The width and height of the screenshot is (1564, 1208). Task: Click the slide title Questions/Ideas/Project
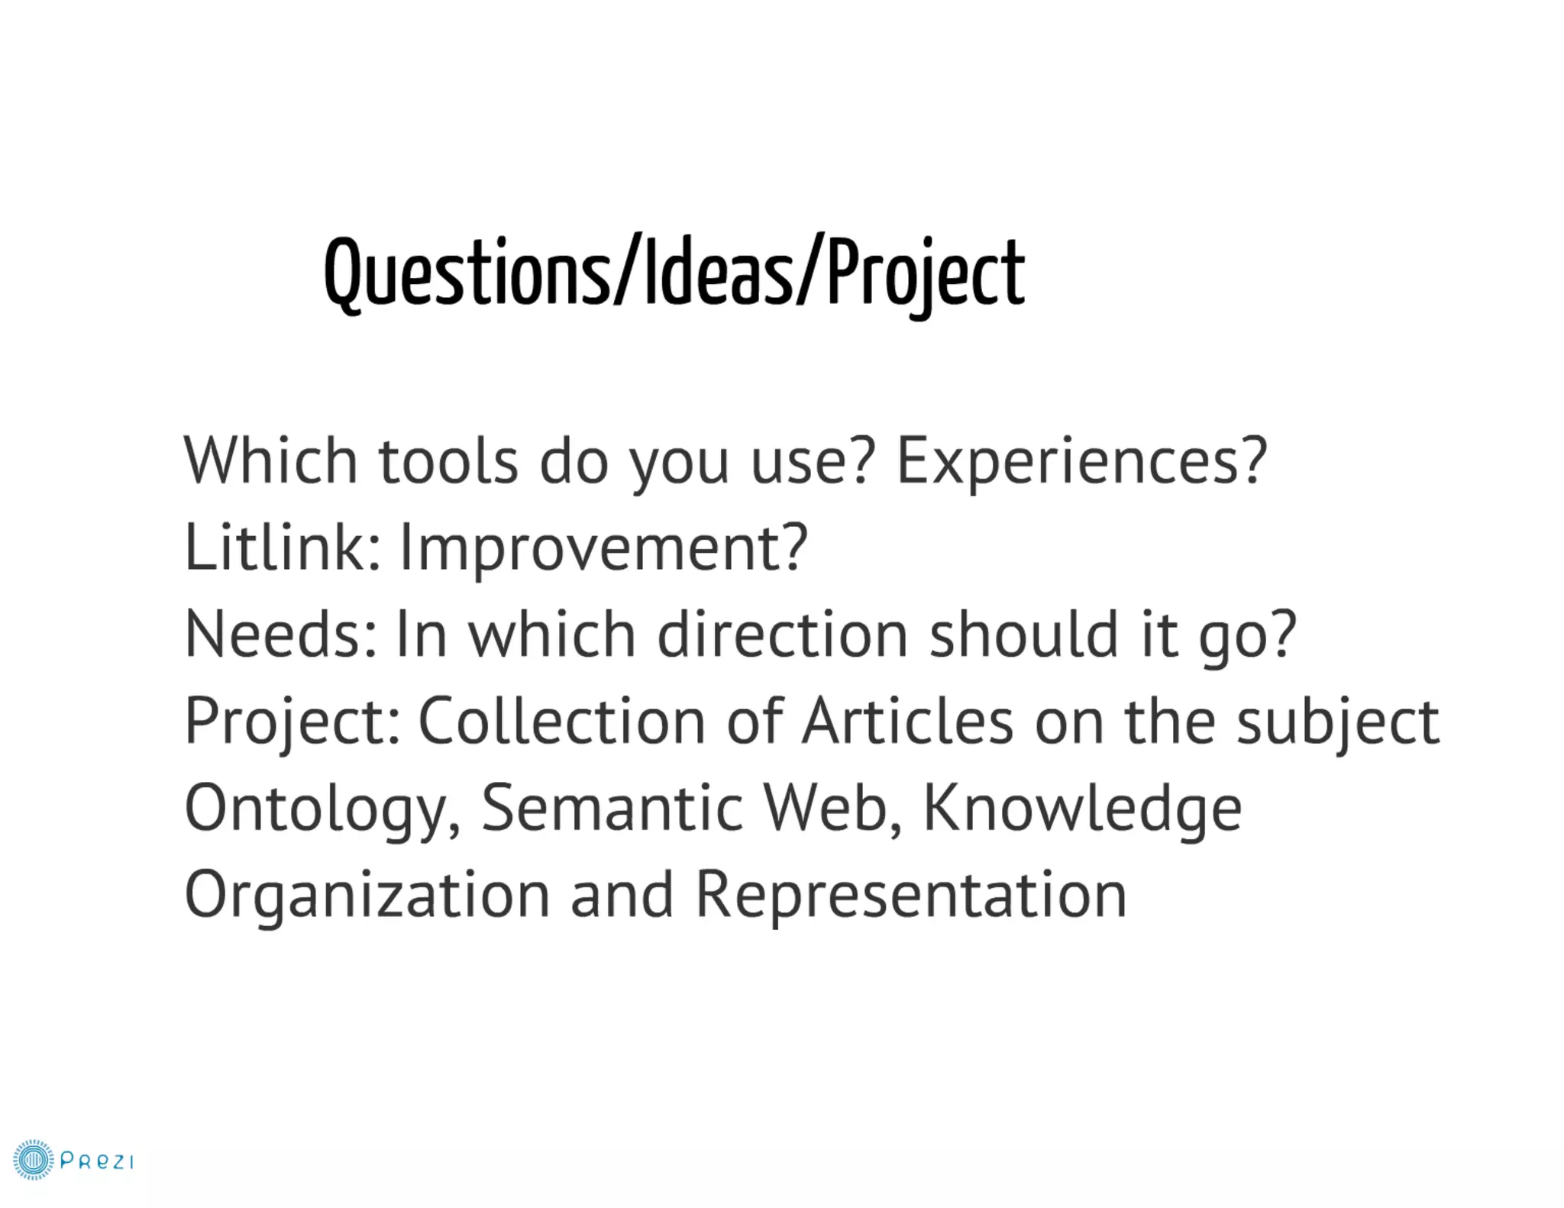coord(674,273)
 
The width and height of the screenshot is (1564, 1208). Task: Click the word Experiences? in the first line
coord(1081,461)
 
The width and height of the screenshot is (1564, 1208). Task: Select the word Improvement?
coord(603,548)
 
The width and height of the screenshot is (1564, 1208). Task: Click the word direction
coord(782,634)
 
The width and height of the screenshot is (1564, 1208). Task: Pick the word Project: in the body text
coord(292,722)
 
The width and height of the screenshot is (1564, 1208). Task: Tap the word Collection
coord(562,722)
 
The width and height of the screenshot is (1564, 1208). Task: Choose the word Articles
coord(907,721)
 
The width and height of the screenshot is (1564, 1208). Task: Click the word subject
coord(1338,722)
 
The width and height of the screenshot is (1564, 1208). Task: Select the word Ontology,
coord(323,809)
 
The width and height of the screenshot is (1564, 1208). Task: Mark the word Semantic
coord(612,808)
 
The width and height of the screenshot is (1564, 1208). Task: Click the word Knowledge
coord(1082,809)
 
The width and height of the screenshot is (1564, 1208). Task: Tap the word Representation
coord(911,895)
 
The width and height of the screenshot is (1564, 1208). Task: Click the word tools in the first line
coord(448,461)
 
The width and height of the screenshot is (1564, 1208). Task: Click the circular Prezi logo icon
coord(34,1161)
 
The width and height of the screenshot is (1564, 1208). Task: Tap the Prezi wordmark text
coord(97,1161)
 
